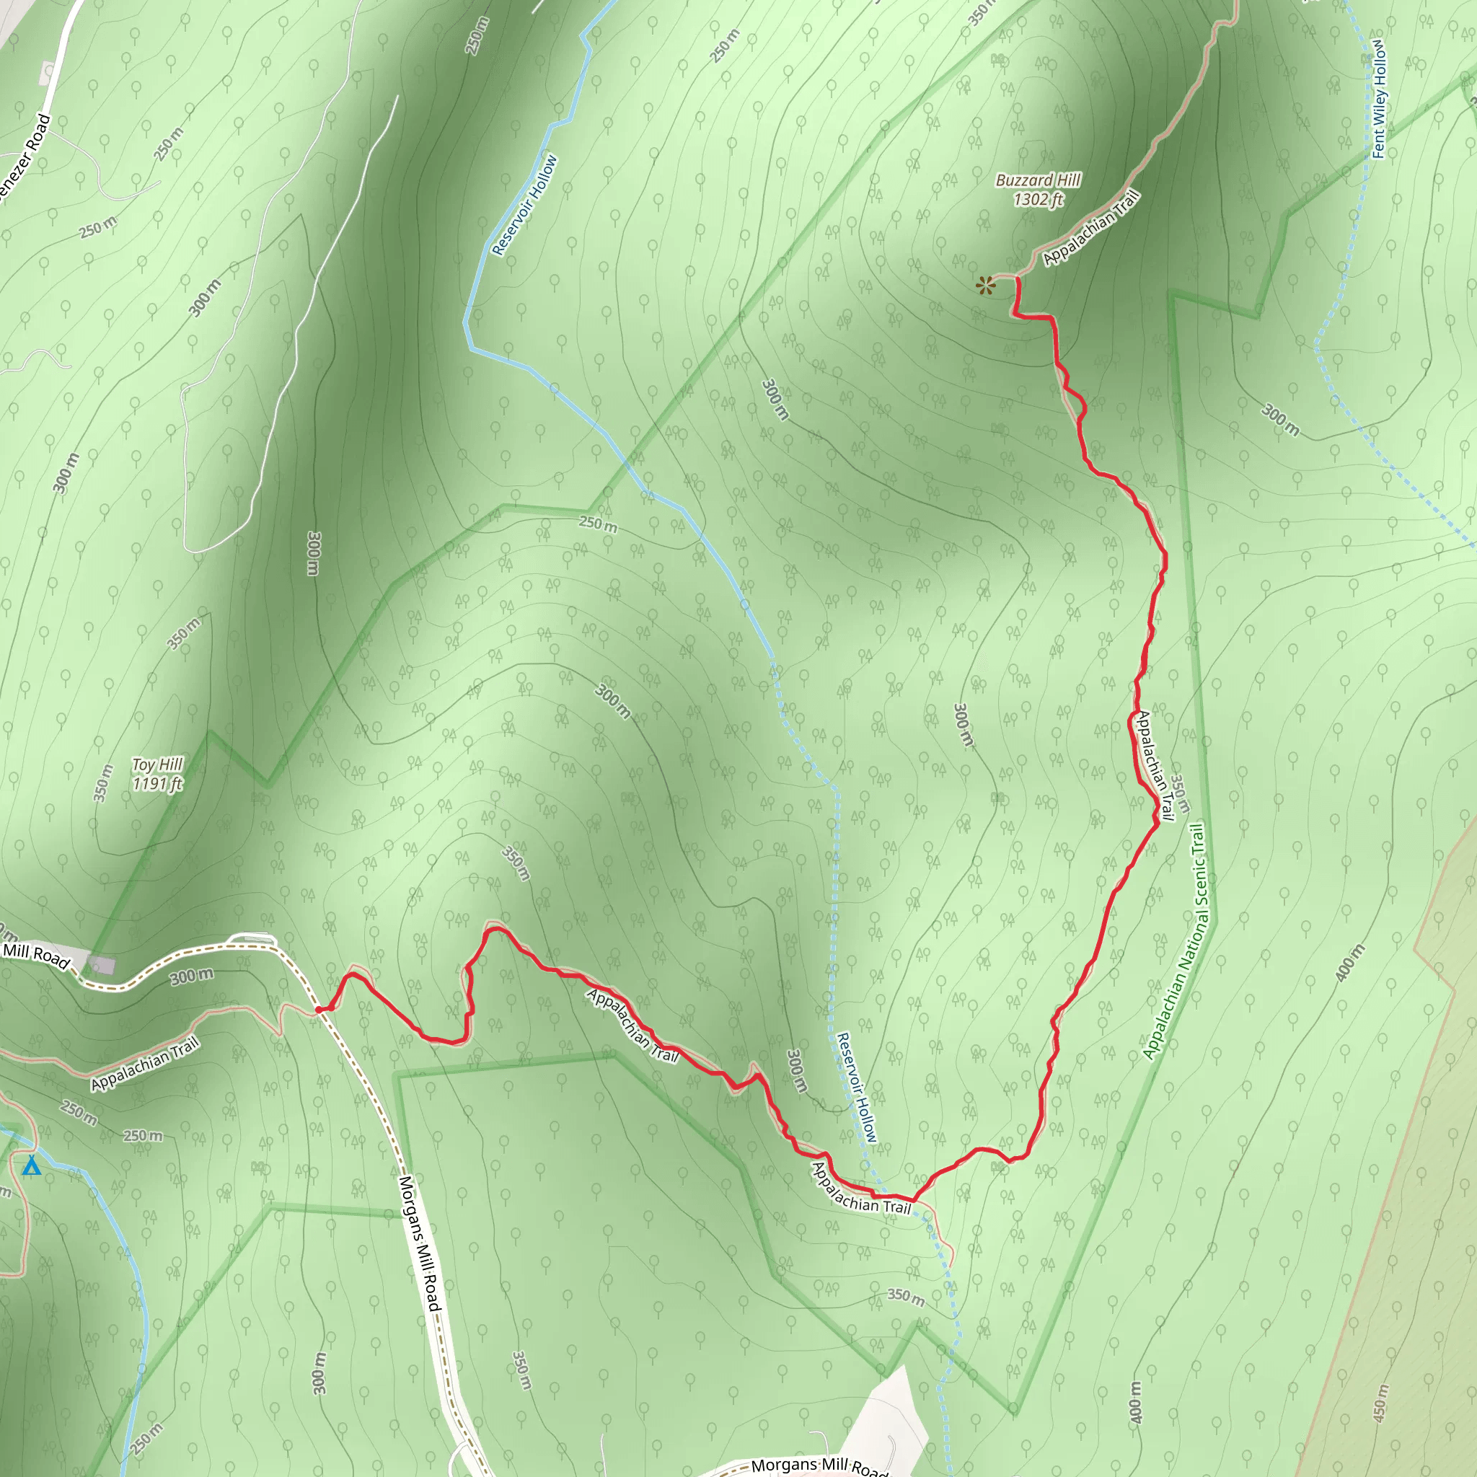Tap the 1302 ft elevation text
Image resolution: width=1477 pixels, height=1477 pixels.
coord(1039,200)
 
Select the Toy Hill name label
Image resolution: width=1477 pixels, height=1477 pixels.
coord(157,765)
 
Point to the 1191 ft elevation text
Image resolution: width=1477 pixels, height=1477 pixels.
coord(157,784)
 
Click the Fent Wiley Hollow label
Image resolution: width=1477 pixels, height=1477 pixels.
coord(1378,100)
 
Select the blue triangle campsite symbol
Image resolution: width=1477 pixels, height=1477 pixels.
coord(31,1167)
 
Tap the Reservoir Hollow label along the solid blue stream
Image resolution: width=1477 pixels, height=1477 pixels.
coord(524,205)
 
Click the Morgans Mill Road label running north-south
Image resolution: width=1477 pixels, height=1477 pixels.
coord(420,1243)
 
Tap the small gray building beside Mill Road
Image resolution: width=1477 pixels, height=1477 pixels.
coord(102,965)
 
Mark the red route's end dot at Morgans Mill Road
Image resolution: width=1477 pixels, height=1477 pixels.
coord(319,1010)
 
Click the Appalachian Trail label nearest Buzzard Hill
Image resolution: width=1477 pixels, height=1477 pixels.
coord(1091,228)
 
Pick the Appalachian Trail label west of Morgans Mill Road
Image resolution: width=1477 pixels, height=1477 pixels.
coord(145,1062)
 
